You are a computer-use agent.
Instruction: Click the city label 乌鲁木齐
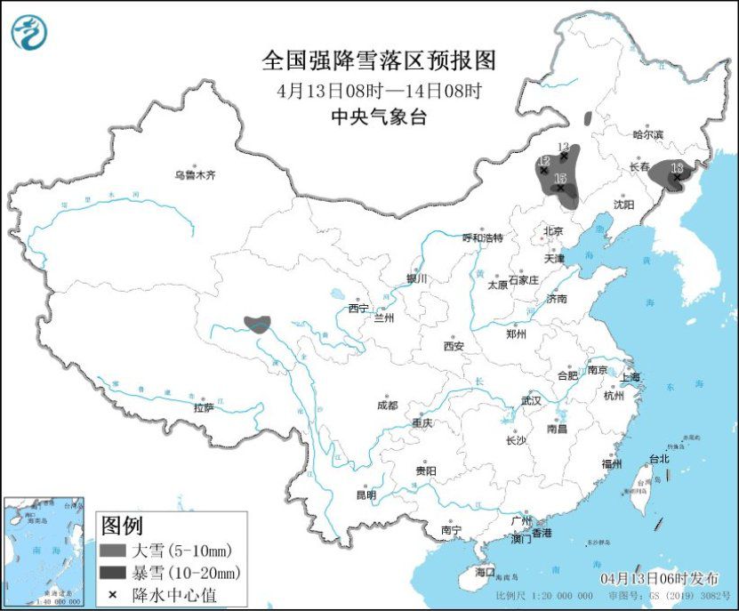click(x=195, y=175)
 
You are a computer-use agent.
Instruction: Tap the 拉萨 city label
click(x=205, y=408)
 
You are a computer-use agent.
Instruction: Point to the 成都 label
click(x=388, y=405)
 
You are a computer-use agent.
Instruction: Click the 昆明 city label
click(x=365, y=494)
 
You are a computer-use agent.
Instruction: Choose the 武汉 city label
click(x=531, y=401)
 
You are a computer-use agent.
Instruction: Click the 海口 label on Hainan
click(x=485, y=571)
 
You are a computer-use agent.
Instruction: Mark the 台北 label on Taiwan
click(x=659, y=460)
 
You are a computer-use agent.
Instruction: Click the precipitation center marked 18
click(x=677, y=176)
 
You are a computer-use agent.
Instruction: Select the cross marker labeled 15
click(x=560, y=187)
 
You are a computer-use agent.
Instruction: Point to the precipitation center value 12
click(x=543, y=170)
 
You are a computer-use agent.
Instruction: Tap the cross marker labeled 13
click(x=563, y=155)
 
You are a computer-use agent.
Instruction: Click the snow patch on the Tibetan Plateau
click(x=258, y=323)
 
